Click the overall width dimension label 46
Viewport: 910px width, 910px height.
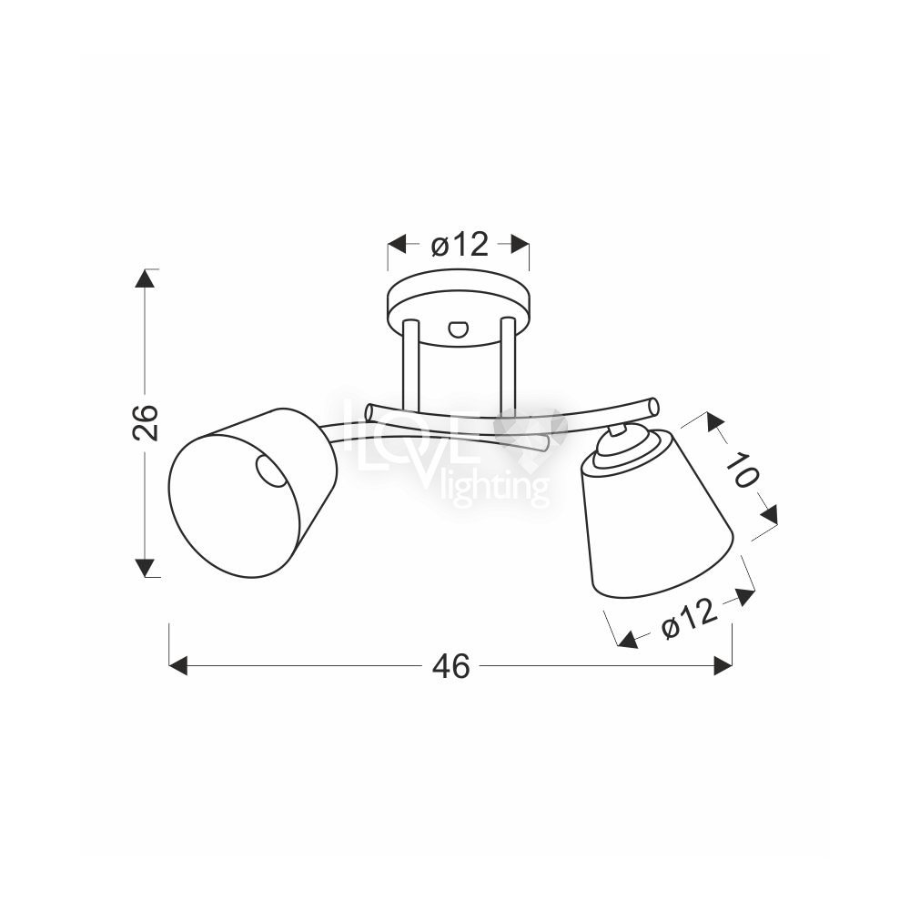[451, 666]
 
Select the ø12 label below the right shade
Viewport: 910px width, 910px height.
[690, 619]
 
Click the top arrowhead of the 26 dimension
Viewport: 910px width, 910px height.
[145, 279]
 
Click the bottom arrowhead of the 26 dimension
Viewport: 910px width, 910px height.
[145, 568]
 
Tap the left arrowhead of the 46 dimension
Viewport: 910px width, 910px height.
[178, 666]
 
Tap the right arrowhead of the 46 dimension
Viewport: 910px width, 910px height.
[723, 666]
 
